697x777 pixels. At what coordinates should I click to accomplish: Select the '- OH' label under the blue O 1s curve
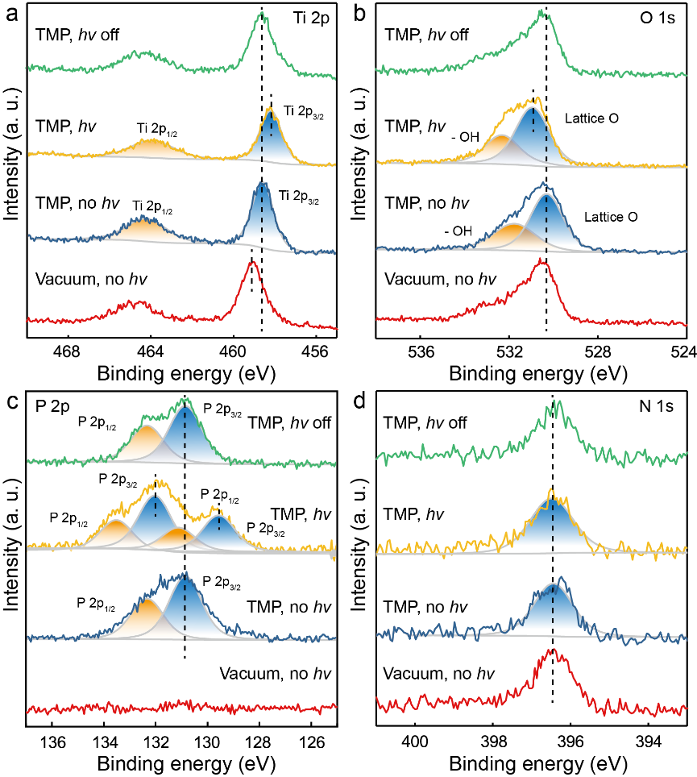coord(458,232)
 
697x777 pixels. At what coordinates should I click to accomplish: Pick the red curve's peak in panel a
coord(251,261)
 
